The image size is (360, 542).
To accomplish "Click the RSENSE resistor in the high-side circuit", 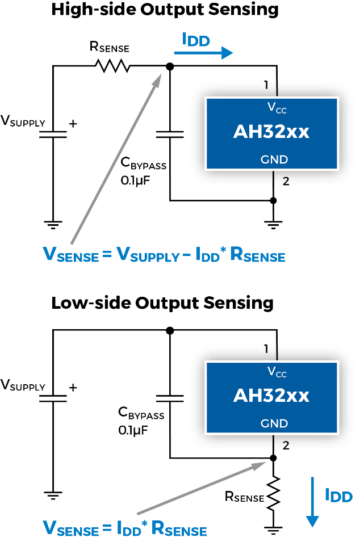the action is (x=112, y=66).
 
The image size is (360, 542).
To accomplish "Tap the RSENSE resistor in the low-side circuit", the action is (x=273, y=493).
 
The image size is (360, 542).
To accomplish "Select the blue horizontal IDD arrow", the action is (x=203, y=53).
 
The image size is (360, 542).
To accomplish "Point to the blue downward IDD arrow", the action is (x=312, y=502).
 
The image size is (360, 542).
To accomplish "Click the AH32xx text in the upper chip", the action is (x=271, y=132).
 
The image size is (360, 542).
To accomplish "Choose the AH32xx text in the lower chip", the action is (x=271, y=396).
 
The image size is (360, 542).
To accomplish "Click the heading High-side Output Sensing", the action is (x=165, y=9).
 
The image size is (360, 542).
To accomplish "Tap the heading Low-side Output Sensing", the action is (x=162, y=303).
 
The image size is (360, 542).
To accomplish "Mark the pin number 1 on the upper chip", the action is (x=266, y=85).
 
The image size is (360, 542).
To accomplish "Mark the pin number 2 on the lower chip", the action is (x=286, y=445).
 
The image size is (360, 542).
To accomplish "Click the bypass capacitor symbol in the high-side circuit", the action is (x=170, y=135).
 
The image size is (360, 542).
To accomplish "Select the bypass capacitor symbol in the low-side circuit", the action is (x=170, y=398).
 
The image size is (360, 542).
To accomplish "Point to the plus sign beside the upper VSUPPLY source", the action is (x=73, y=123).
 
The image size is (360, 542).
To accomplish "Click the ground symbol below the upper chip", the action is (x=273, y=225).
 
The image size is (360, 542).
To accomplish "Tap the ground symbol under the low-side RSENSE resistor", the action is (x=273, y=530).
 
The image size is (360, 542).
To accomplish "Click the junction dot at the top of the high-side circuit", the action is (x=170, y=66).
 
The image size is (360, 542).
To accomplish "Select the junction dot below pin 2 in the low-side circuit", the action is (x=273, y=458).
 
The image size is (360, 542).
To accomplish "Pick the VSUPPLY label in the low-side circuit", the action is (x=23, y=385).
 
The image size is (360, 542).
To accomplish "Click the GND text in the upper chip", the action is (x=274, y=159).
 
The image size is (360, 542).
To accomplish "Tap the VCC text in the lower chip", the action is (x=277, y=372).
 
